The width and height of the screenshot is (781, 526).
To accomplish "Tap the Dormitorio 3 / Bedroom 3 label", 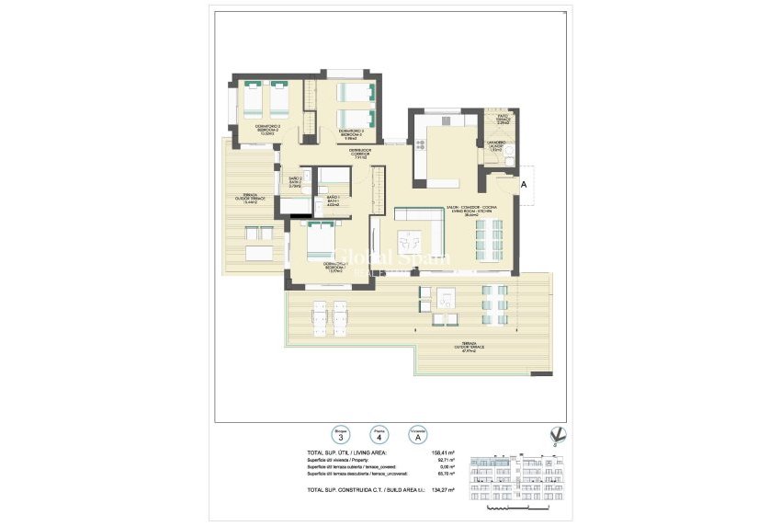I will pyautogui.click(x=351, y=133).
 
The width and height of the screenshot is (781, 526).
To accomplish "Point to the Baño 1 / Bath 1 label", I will pyautogui.click(x=333, y=200).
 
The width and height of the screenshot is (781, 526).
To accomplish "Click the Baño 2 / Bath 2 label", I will pyautogui.click(x=295, y=181).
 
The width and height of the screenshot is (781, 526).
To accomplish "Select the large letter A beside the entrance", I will pyautogui.click(x=523, y=185).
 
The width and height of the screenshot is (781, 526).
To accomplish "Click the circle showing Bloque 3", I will pyautogui.click(x=340, y=435).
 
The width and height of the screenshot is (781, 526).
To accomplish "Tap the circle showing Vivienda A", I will pyautogui.click(x=417, y=435).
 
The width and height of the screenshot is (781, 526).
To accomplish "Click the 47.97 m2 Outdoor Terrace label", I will pyautogui.click(x=472, y=348).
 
